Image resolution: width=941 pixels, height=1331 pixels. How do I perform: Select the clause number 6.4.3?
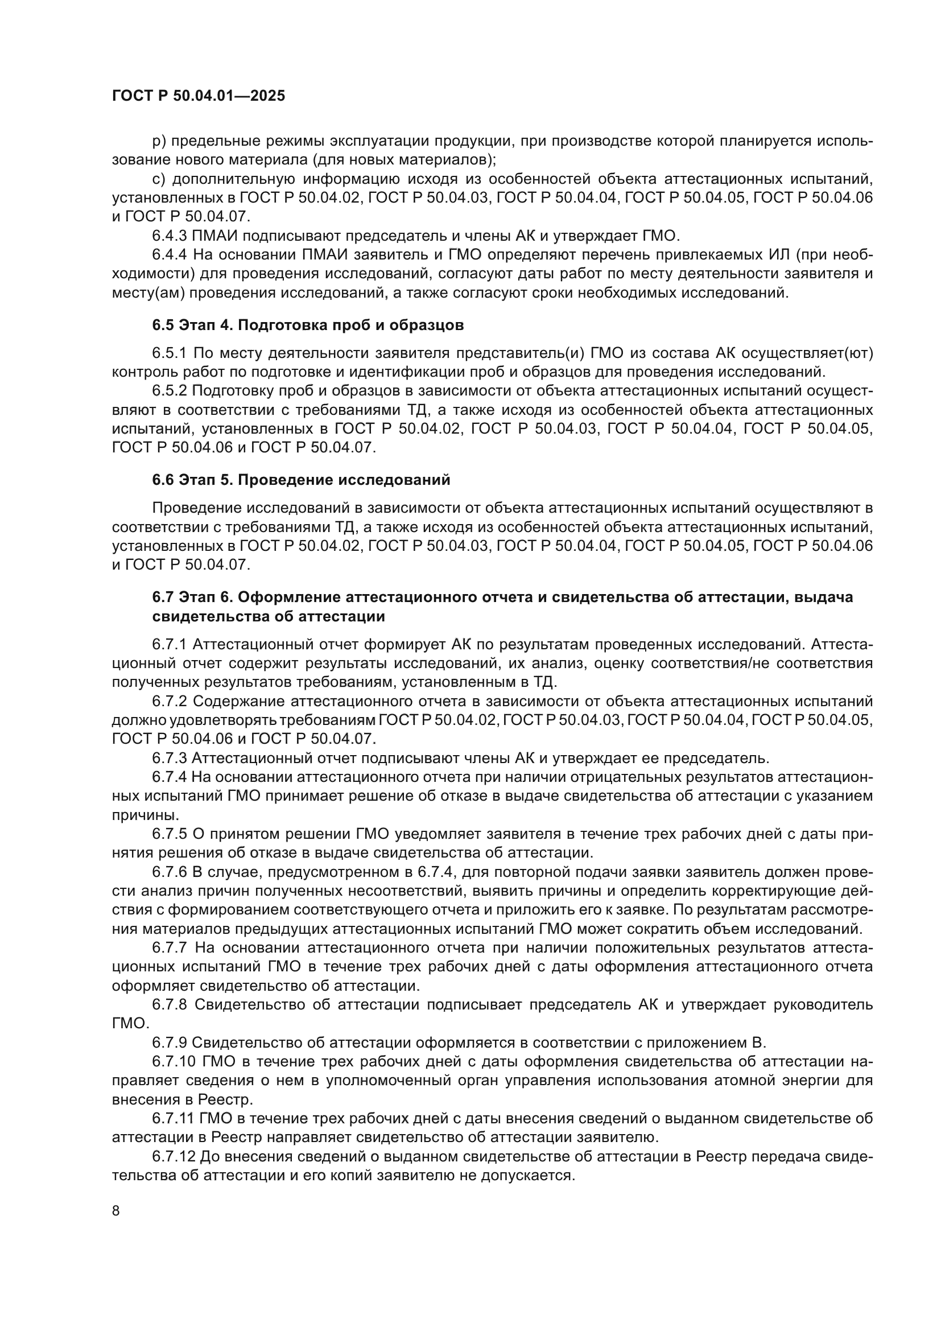point(170,236)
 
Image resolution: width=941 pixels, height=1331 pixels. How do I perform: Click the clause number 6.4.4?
point(170,255)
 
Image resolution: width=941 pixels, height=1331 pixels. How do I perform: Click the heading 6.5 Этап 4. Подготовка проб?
point(308,325)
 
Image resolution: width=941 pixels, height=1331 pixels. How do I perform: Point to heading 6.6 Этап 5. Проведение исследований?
point(301,480)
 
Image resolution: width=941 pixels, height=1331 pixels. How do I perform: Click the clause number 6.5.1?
point(170,353)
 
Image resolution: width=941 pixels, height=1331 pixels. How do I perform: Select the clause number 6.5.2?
point(170,392)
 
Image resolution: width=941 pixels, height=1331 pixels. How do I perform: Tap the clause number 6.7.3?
point(170,757)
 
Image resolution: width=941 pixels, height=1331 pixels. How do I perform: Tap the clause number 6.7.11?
point(174,1118)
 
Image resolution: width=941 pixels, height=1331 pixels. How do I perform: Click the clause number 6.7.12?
point(174,1156)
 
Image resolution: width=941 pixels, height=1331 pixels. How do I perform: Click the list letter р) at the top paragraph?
point(159,141)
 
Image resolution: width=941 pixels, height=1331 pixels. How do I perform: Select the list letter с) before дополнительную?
point(159,179)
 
